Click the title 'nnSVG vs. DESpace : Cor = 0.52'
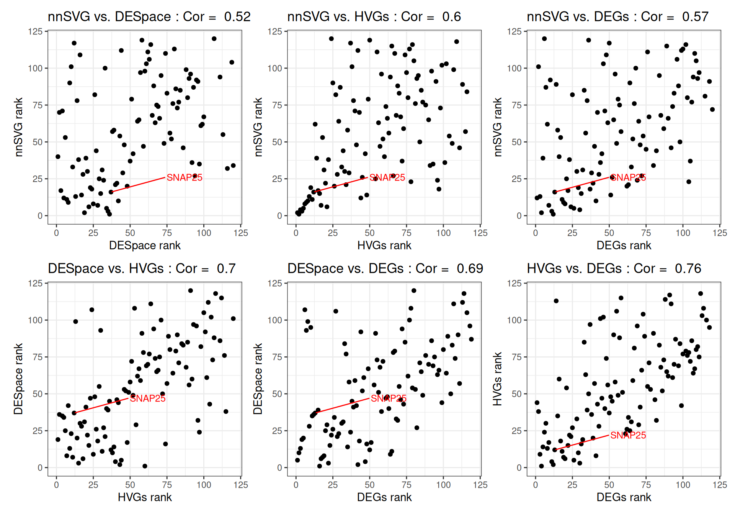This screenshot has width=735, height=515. (149, 17)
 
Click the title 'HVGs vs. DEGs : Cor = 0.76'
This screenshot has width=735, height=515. (614, 269)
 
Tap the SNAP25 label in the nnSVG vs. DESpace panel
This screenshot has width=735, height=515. (185, 177)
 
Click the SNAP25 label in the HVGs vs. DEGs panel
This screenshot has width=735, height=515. (628, 435)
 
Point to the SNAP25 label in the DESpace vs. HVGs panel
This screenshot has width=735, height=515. (148, 399)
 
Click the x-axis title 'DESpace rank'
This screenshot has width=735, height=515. (145, 245)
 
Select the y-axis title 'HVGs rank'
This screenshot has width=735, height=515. (497, 379)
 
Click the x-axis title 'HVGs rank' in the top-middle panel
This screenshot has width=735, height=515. (384, 245)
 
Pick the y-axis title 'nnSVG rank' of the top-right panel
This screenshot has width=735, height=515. (497, 127)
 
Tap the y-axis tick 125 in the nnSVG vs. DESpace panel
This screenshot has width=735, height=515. (35, 31)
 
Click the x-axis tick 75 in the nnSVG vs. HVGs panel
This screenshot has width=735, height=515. (406, 233)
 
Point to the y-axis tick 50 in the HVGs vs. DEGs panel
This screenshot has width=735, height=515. (516, 394)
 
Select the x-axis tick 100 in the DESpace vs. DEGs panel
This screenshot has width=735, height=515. (443, 485)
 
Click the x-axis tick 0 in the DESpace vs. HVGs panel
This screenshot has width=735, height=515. (57, 485)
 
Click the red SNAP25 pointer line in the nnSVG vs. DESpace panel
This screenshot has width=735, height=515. (138, 185)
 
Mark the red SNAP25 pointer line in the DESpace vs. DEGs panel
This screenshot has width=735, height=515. (343, 405)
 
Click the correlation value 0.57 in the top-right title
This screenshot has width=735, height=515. (695, 17)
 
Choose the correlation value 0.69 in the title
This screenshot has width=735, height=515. (470, 269)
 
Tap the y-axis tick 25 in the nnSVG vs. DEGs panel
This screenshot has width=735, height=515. (516, 179)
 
